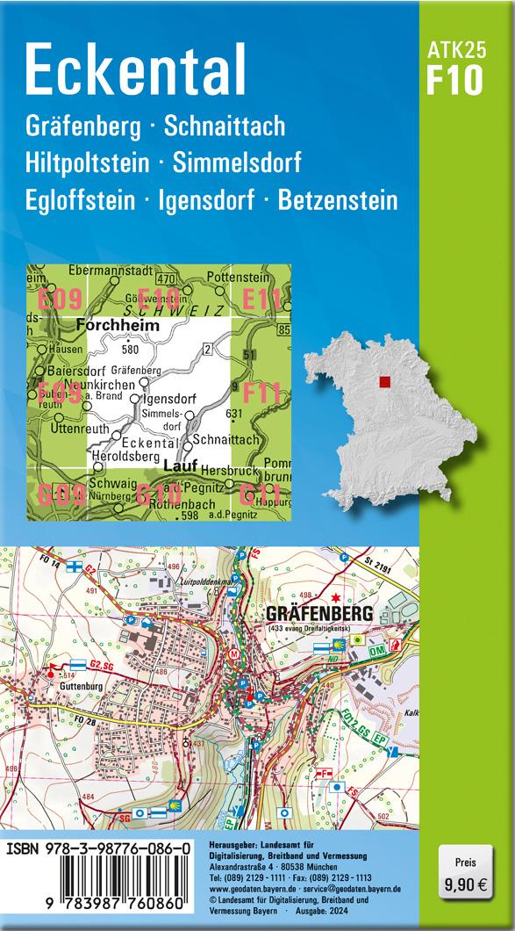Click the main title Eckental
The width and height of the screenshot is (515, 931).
pyautogui.click(x=136, y=69)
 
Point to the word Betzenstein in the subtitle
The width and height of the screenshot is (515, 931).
pyautogui.click(x=337, y=200)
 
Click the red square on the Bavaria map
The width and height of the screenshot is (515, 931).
pyautogui.click(x=383, y=382)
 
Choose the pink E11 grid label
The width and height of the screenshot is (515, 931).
pyautogui.click(x=261, y=300)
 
